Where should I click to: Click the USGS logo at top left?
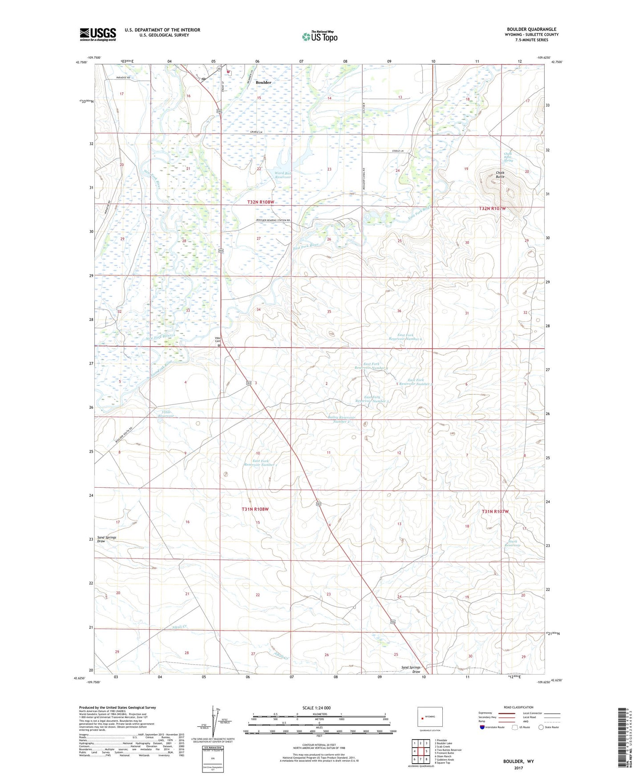coord(98,34)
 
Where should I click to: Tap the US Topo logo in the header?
coord(319,36)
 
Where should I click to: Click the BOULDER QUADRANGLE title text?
coord(531,29)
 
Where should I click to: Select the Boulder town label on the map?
coord(263,82)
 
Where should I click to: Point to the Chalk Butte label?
coord(500,175)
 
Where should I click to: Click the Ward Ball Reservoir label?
coord(283,175)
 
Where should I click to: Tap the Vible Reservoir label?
coord(166,414)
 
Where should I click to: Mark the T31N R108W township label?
coord(255,509)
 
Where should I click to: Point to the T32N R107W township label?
coord(493,208)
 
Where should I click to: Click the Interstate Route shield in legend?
coord(483,727)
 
